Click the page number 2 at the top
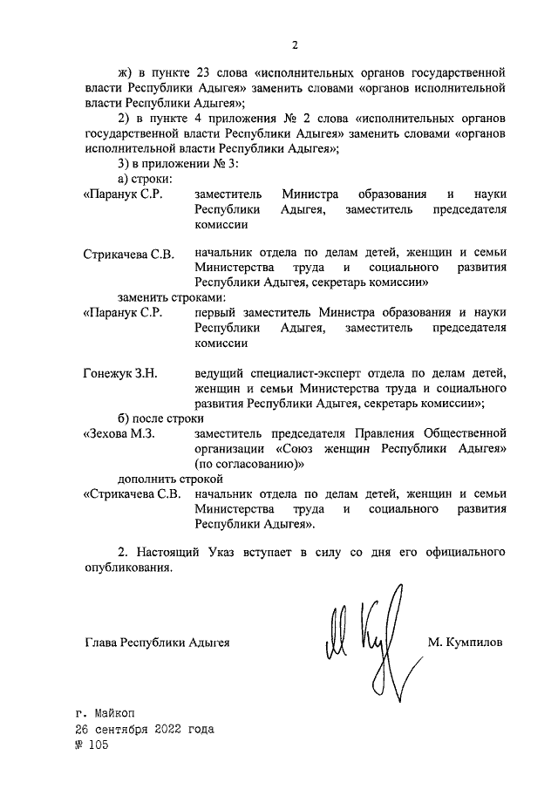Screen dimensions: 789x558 (295, 45)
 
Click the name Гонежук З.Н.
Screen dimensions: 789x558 (120, 374)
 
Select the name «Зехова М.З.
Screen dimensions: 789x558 (119, 433)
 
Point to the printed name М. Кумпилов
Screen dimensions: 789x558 (465, 643)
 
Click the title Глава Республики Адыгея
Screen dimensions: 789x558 (157, 643)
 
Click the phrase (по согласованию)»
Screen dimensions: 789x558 (249, 464)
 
